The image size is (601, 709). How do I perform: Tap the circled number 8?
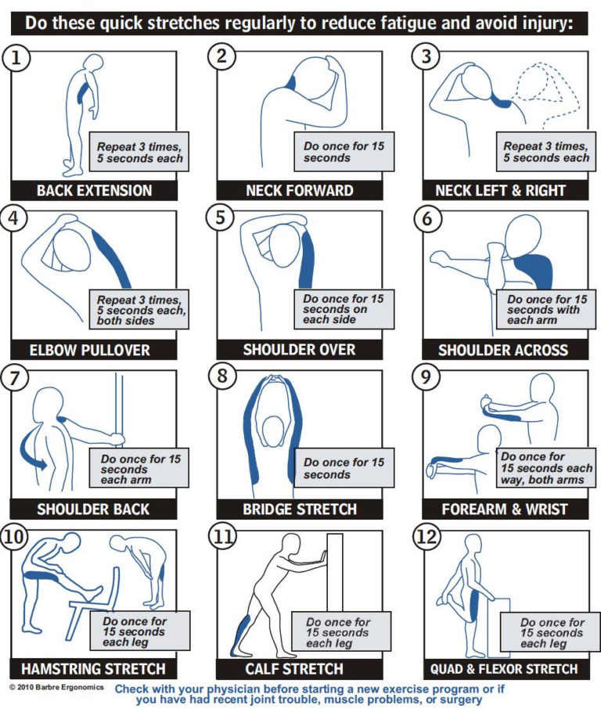tap(223, 376)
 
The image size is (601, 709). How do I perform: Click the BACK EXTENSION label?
tap(94, 190)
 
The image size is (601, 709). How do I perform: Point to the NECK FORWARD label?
tap(300, 190)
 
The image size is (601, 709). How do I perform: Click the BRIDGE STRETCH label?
tap(300, 509)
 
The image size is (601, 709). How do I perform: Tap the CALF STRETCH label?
tap(300, 669)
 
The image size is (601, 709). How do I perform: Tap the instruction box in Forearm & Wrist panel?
tap(545, 468)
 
